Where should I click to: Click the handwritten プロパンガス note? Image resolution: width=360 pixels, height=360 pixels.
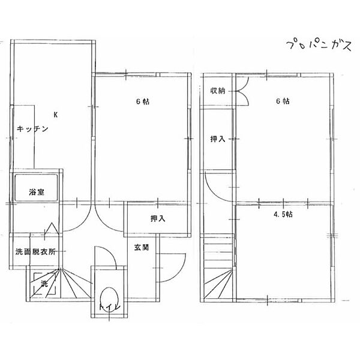point(319,46)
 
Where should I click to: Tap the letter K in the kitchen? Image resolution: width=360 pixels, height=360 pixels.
point(55,115)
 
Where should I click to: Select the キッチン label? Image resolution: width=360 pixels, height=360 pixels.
point(32,128)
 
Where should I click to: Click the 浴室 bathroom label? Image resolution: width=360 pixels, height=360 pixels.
point(37,192)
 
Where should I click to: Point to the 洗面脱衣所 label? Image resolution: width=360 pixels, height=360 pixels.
point(35,252)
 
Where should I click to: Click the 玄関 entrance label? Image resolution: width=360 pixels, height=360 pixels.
point(142,247)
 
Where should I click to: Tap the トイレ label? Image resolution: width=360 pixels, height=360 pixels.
point(110,307)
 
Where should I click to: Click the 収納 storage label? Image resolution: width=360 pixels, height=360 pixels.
point(218,91)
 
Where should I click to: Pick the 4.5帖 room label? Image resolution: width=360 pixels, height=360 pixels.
point(283,214)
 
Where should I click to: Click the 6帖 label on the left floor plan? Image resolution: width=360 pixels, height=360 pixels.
point(143,101)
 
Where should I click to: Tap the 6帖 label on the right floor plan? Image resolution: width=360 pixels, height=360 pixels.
point(283,101)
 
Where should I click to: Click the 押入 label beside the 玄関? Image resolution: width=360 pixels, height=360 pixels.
point(158,218)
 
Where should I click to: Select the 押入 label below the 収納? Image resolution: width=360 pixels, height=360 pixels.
point(218,139)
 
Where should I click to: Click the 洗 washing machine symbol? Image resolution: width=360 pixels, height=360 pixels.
point(44,284)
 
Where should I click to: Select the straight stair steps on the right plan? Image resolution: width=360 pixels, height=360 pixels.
point(218,251)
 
